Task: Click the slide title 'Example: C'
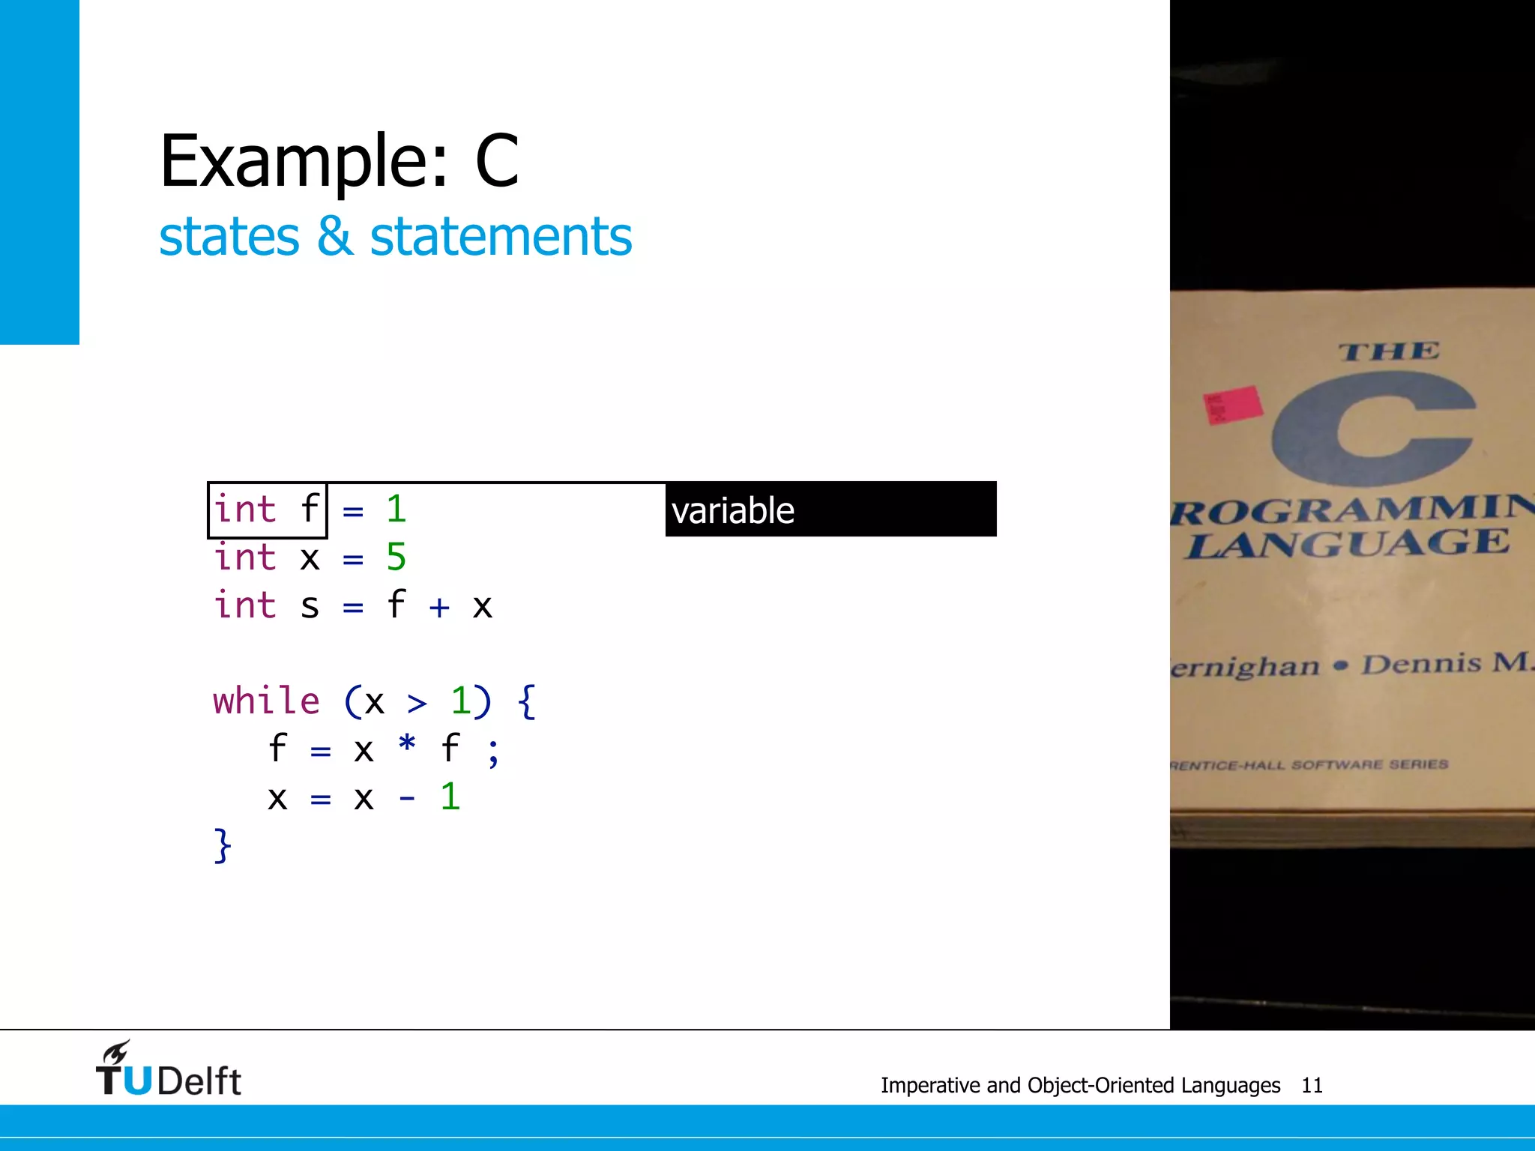point(339,161)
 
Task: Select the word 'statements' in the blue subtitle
point(501,237)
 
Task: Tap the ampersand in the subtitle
point(334,237)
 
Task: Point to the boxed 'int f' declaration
point(267,510)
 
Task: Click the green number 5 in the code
point(396,558)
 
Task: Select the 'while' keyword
point(266,701)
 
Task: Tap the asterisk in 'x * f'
point(407,746)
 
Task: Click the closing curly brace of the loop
point(223,845)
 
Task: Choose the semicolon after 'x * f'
point(492,751)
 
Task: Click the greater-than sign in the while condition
point(417,703)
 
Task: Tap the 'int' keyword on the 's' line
point(244,605)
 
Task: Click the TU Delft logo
point(168,1069)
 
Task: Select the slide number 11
point(1312,1085)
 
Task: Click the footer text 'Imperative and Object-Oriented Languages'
point(1080,1085)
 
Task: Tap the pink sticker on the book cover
point(1231,405)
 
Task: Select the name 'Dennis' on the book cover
point(1421,664)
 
